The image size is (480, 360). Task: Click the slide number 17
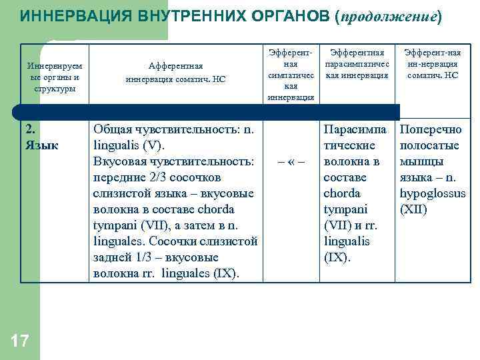[x=20, y=342]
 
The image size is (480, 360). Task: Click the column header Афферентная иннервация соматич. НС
[x=175, y=72]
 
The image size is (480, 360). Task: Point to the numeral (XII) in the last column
[x=414, y=209]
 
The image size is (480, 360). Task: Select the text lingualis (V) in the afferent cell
[x=134, y=145]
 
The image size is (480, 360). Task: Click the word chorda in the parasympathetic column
[x=341, y=193]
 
